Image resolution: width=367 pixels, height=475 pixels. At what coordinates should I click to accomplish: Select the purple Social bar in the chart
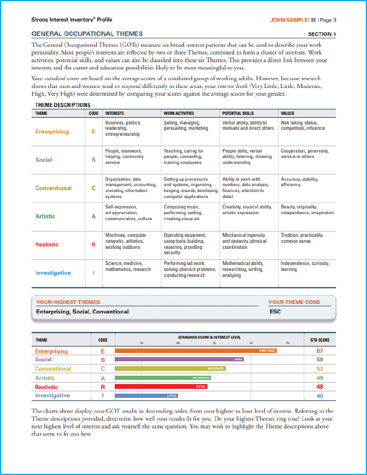(179, 360)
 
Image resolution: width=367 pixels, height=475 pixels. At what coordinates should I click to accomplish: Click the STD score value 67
(320, 351)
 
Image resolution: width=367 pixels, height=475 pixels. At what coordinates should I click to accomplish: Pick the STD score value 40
(320, 395)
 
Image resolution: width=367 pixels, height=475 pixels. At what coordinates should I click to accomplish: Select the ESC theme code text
(275, 311)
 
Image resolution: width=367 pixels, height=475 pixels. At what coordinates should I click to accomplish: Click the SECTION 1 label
(322, 34)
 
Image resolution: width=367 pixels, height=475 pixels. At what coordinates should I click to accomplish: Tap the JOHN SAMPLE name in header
(289, 19)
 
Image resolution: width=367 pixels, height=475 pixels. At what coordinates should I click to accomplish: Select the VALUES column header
(288, 112)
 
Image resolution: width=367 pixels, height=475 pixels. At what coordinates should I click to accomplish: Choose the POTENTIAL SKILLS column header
(238, 112)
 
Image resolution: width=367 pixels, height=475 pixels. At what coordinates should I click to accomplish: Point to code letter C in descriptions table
(93, 188)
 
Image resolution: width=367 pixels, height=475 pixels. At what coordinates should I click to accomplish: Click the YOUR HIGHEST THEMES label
(68, 302)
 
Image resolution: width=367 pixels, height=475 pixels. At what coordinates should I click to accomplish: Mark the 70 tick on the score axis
(288, 343)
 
